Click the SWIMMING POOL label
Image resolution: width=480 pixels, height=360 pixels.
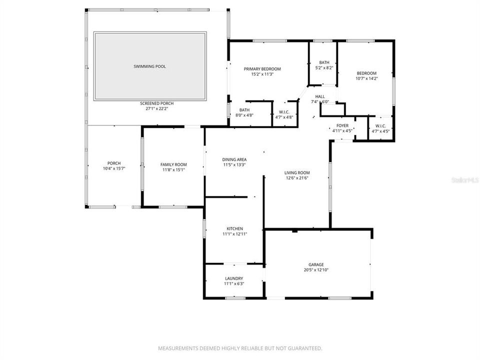click(x=149, y=66)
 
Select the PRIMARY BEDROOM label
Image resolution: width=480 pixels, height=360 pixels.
click(x=262, y=69)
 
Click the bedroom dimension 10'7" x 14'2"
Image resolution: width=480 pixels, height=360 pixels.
click(x=366, y=78)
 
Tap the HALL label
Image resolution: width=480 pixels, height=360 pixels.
click(x=320, y=96)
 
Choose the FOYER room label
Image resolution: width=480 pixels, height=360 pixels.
click(x=342, y=125)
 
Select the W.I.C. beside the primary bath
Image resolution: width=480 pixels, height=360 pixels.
click(x=284, y=111)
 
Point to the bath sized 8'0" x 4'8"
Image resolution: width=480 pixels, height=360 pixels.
click(x=244, y=115)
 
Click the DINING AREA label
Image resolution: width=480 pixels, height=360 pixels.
click(x=234, y=159)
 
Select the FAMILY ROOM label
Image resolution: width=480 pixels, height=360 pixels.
click(x=173, y=164)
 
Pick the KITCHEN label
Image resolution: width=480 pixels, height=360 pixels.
click(x=234, y=228)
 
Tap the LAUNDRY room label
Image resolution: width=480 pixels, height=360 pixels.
click(x=234, y=278)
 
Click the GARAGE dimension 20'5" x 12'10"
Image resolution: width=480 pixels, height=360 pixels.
click(x=316, y=270)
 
